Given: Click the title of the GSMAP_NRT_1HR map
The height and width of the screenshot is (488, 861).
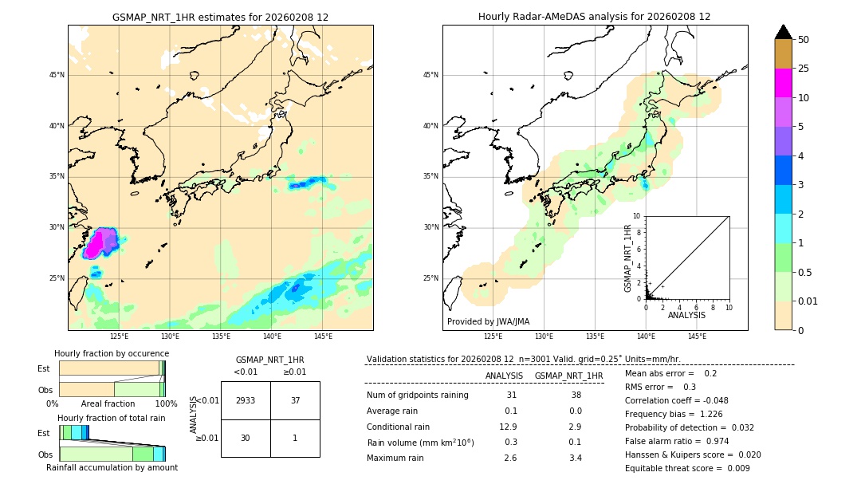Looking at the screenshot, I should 220,17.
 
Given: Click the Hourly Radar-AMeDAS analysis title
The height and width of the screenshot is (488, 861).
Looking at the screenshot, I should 594,17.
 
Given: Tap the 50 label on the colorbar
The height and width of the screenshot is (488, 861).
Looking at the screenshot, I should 804,40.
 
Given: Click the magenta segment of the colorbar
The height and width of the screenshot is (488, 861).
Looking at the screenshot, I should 783,83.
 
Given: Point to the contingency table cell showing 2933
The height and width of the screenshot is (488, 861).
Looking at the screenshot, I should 246,400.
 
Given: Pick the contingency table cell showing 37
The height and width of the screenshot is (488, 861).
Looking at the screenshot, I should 295,400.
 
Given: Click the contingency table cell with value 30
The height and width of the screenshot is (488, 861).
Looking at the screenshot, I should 246,438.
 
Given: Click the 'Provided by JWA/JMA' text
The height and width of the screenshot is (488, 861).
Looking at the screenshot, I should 488,321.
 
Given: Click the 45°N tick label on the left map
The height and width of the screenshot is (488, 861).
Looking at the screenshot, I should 57,75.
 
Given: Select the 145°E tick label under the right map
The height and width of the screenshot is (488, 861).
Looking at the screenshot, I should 697,336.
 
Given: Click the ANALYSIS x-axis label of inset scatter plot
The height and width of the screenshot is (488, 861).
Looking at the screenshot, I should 686,315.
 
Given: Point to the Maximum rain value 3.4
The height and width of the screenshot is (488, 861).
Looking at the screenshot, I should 575,458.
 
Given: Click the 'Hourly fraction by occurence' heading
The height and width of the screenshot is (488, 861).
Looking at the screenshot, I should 112,353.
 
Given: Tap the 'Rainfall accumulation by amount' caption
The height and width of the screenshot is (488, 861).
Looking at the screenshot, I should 112,467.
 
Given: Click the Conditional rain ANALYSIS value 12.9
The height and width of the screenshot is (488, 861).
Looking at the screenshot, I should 508,427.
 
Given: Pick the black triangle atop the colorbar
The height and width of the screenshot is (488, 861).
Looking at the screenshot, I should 783,32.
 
